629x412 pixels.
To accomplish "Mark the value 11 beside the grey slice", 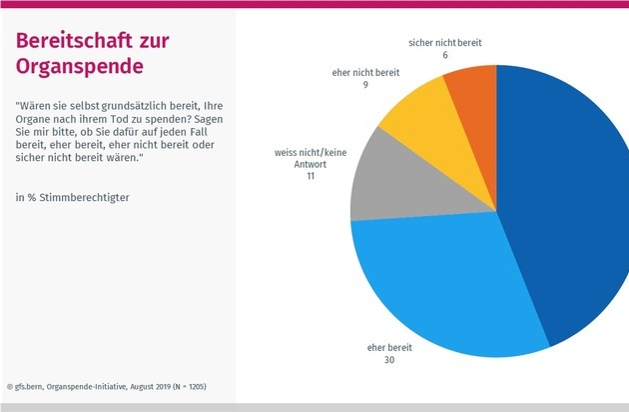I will (310, 177).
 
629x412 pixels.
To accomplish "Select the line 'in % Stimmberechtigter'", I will (73, 196).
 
